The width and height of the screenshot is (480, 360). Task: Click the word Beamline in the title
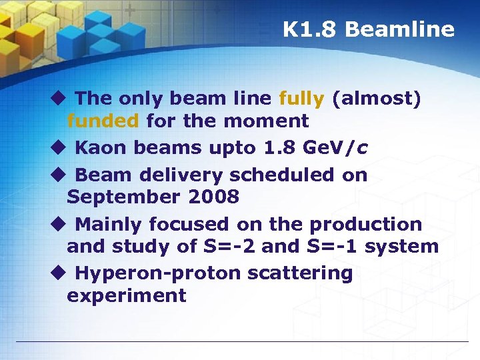(x=399, y=29)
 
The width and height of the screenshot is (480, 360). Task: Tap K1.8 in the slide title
(x=311, y=29)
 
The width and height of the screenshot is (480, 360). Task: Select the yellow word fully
(x=301, y=99)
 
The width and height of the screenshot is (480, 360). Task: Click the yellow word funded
(x=103, y=121)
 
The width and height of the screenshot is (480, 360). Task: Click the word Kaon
(x=99, y=147)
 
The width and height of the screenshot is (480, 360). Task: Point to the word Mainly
(x=109, y=224)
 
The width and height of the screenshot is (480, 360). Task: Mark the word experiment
(x=126, y=295)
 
